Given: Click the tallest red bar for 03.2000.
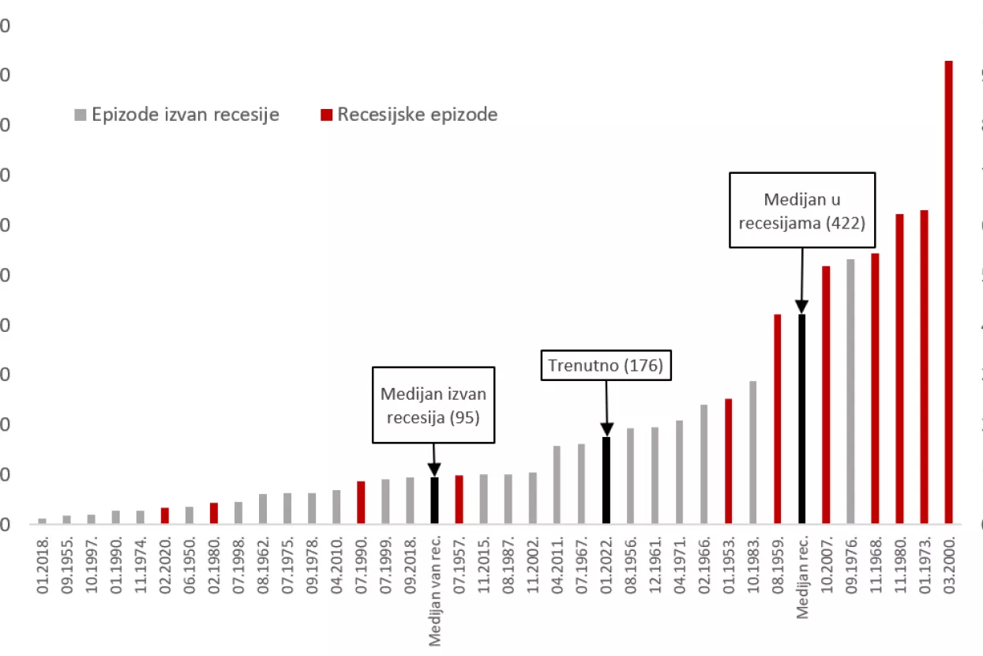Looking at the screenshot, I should (948, 292).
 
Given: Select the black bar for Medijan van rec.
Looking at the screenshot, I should (434, 500).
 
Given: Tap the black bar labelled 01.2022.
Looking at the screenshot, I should (606, 480).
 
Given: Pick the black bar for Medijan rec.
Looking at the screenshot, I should (801, 419).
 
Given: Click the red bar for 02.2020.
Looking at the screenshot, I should (165, 515).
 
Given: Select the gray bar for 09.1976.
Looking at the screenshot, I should (850, 391).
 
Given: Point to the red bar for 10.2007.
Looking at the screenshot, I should (826, 394).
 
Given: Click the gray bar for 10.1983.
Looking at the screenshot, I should (752, 452).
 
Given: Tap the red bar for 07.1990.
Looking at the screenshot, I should (361, 502).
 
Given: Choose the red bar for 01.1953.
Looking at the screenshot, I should (728, 461).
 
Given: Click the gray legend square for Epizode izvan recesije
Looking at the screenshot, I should (80, 115).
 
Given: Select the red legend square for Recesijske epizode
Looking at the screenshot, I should (326, 115).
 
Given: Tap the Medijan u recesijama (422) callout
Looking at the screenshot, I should (801, 210).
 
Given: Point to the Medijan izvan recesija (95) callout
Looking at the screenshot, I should (433, 404).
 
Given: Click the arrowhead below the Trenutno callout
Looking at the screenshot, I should (606, 430).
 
